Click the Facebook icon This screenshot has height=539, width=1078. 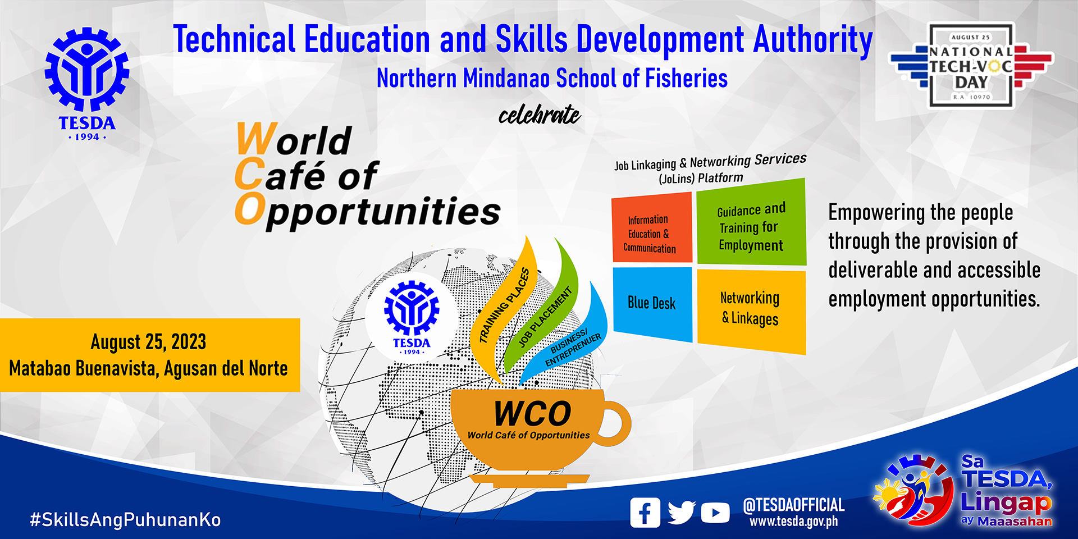[645, 513]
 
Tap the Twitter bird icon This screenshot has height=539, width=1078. [682, 512]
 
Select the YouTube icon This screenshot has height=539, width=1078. [715, 513]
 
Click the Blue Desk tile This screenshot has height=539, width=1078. [652, 304]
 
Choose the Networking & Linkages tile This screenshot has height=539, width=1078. [751, 311]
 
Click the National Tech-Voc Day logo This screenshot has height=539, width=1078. [971, 66]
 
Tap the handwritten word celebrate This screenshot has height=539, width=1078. [539, 115]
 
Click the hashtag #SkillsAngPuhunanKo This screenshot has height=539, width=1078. [125, 519]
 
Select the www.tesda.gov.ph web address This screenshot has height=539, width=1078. [793, 521]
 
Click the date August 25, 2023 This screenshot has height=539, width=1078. [148, 341]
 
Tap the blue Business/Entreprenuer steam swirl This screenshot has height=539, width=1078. [570, 342]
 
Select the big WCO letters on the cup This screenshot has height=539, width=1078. [532, 414]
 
